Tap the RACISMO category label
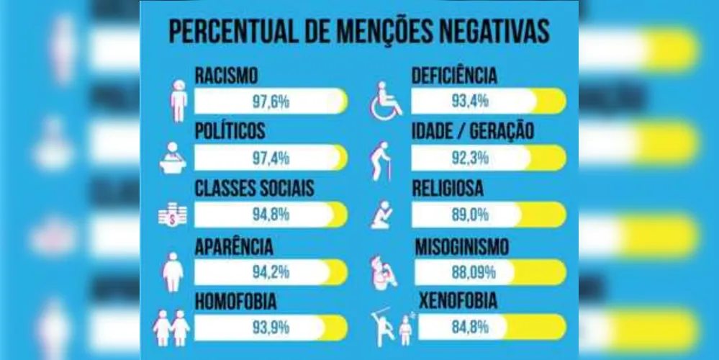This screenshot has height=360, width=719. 226,76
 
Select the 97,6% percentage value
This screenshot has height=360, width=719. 271,102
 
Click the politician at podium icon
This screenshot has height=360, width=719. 173,158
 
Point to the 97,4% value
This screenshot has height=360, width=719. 271,158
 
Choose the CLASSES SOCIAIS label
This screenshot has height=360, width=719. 255,188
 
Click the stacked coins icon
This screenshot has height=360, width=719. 173,214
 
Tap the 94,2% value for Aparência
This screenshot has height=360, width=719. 271,272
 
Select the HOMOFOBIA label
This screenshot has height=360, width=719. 235,301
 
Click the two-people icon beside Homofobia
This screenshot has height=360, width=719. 171,328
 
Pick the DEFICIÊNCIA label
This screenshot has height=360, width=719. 454,76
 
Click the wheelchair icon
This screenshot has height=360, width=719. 386,102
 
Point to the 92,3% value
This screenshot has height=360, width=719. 470,158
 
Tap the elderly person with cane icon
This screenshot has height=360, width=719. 381,161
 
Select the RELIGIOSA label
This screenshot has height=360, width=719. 448,188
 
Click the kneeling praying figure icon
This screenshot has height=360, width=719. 381,215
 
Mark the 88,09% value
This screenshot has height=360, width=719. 474,272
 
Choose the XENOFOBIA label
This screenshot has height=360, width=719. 458,301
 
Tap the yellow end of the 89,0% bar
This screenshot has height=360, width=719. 543,215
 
